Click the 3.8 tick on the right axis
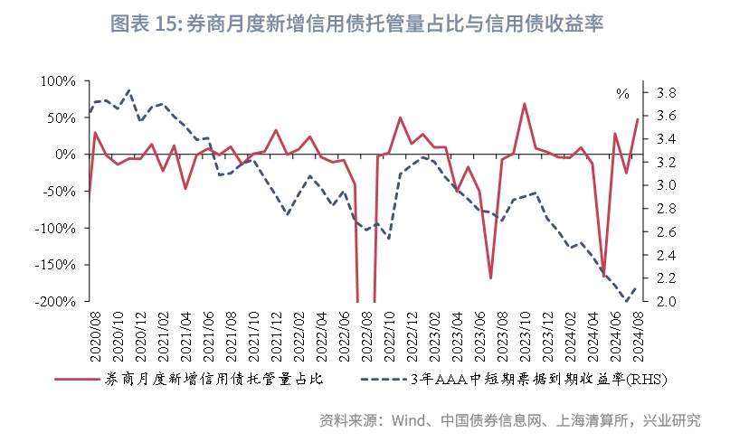click(665, 92)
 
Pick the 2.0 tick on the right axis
click(665, 302)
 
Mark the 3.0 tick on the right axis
click(665, 185)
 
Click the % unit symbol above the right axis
click(622, 93)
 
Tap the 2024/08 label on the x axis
click(637, 334)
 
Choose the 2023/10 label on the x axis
click(523, 334)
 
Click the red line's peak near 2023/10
click(525, 103)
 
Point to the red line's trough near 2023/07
click(490, 278)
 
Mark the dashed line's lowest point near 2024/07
click(626, 301)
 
